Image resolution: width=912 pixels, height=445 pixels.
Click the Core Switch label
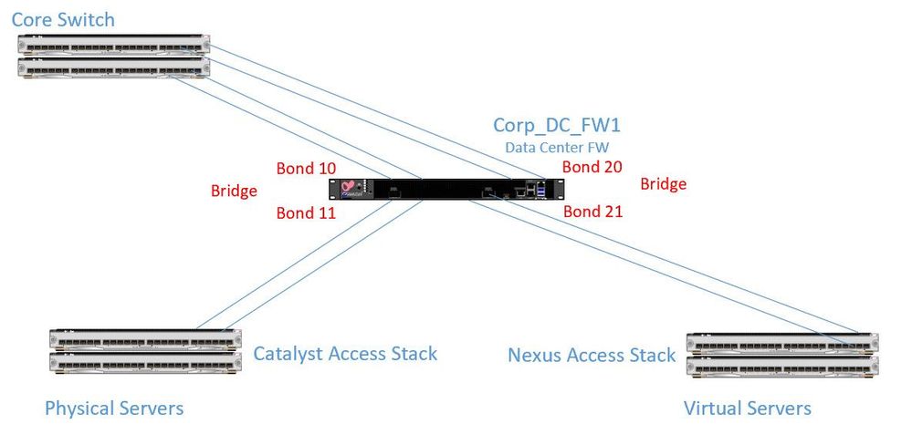tap(63, 19)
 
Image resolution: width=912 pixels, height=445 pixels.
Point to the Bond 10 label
tap(306, 168)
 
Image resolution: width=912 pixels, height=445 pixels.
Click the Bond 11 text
tap(306, 213)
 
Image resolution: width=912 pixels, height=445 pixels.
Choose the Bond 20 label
tap(592, 166)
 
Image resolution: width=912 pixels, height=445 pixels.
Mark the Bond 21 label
tap(592, 212)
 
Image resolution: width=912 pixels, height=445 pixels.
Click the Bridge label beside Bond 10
tap(234, 191)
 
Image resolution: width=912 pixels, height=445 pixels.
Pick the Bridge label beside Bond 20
tap(663, 184)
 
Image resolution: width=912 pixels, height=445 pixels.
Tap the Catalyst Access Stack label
tap(345, 353)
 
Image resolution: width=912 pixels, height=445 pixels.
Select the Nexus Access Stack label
tap(592, 355)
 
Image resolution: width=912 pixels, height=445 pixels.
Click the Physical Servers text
tap(114, 408)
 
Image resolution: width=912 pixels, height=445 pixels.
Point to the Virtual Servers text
tap(747, 408)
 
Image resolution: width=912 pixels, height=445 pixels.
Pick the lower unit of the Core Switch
tap(114, 68)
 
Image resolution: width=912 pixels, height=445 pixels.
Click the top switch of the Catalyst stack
tap(146, 339)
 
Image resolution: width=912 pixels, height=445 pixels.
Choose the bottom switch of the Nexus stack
tap(782, 365)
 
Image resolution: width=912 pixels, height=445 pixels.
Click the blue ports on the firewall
tap(540, 189)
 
